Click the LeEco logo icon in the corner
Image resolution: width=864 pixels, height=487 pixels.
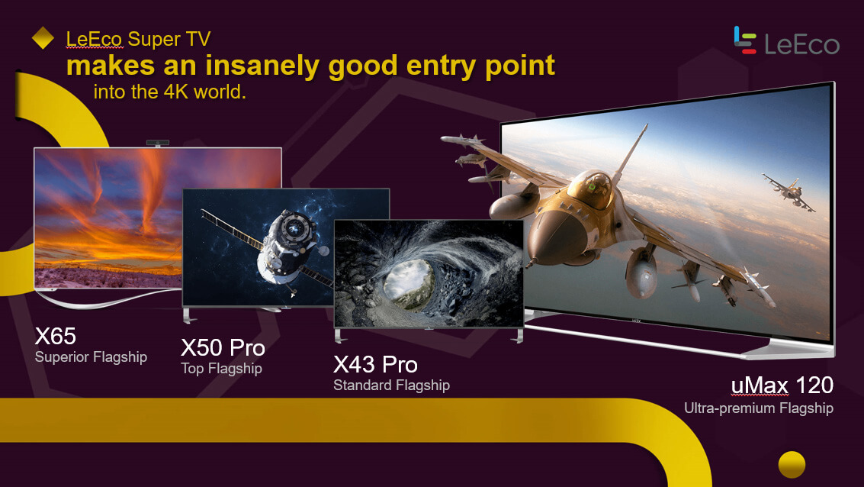[x=745, y=40]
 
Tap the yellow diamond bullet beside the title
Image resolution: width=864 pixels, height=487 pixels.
[x=43, y=39]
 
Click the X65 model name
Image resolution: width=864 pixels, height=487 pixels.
[x=56, y=336]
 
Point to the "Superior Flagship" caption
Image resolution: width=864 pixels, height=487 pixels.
[x=91, y=356]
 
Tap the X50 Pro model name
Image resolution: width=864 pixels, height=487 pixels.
[x=223, y=347]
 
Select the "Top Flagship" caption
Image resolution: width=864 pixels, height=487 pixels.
[x=221, y=369]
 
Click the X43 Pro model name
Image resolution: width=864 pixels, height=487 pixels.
[x=375, y=365]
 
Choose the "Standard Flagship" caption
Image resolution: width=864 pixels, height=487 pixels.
[x=391, y=385]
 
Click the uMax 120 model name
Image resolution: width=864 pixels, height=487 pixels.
[x=782, y=385]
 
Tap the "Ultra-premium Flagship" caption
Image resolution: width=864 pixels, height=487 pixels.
[x=758, y=408]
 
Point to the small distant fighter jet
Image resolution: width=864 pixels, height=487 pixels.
[x=789, y=191]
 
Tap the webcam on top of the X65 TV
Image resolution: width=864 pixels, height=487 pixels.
[x=158, y=143]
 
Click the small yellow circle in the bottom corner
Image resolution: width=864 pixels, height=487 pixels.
[x=792, y=464]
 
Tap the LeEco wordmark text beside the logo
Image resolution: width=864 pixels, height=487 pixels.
[x=801, y=44]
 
